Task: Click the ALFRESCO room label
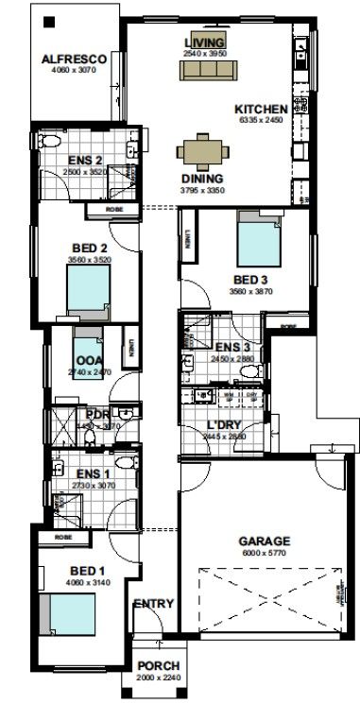click(x=73, y=59)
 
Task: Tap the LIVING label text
click(x=204, y=43)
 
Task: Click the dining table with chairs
click(x=202, y=150)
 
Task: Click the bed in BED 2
click(x=88, y=288)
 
